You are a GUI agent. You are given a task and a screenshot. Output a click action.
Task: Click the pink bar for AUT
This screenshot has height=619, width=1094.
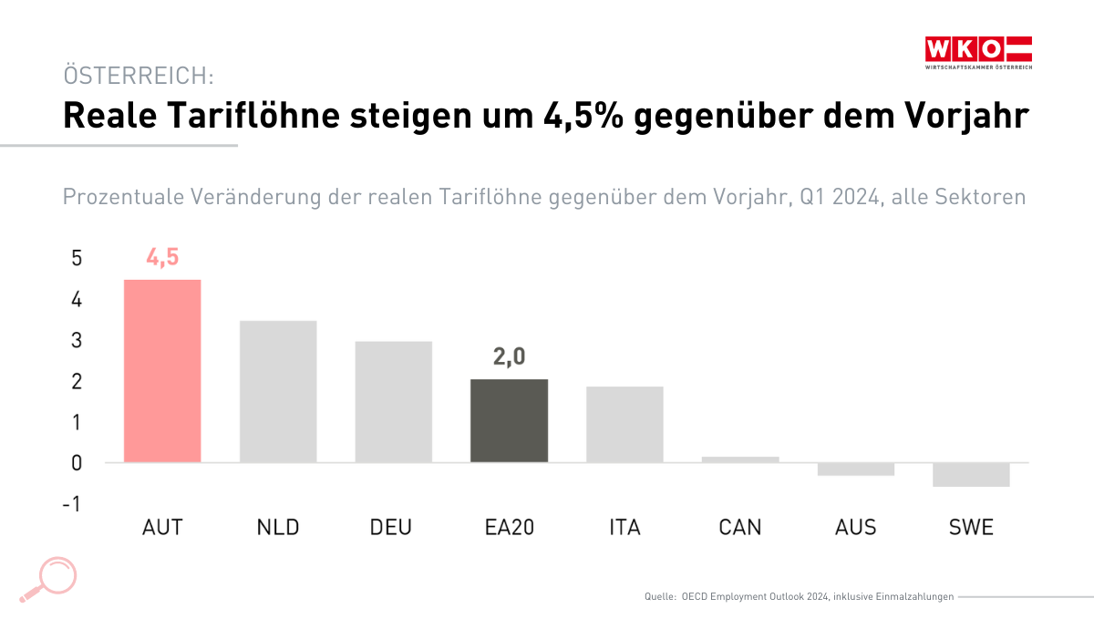click(x=162, y=370)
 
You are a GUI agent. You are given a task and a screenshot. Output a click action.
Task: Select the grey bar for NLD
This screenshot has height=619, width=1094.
click(x=278, y=391)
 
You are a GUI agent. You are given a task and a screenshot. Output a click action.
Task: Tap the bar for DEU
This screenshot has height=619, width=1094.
click(x=394, y=401)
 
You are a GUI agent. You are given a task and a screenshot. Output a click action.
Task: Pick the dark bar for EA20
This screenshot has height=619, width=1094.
click(x=509, y=420)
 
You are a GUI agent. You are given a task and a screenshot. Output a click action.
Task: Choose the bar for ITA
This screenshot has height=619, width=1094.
click(x=624, y=424)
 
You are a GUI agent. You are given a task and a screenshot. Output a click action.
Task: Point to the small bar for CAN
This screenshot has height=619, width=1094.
click(x=740, y=459)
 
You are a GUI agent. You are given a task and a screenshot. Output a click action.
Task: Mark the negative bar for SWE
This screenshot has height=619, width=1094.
click(x=971, y=474)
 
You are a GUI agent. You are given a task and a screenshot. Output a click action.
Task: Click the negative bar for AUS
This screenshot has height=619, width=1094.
click(x=855, y=469)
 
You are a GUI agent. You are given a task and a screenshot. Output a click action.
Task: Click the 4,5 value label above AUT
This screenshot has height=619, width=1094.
click(x=162, y=258)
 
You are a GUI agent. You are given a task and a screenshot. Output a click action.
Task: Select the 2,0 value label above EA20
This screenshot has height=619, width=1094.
click(x=509, y=357)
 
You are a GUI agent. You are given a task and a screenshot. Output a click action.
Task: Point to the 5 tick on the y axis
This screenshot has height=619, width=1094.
click(x=77, y=259)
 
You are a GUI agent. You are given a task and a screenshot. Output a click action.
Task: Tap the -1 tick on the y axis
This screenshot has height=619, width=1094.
click(x=72, y=504)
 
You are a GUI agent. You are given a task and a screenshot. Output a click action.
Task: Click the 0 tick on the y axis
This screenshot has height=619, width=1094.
click(x=77, y=463)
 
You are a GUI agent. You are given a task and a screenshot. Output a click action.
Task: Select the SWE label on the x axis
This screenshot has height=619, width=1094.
click(x=971, y=528)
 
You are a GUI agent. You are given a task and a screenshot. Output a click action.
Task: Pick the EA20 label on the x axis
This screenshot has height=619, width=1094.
click(x=509, y=528)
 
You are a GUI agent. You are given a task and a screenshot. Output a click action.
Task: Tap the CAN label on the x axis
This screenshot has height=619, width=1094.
click(x=740, y=528)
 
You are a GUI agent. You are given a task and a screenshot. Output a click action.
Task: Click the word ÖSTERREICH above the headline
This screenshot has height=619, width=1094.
click(x=137, y=76)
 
